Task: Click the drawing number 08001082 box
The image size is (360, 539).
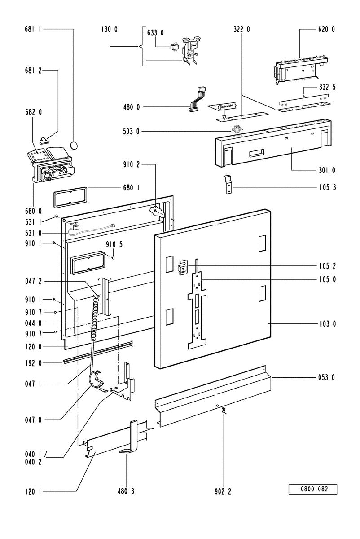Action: click(x=312, y=489)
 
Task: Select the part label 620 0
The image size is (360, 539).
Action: click(x=326, y=29)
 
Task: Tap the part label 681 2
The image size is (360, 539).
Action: click(x=33, y=71)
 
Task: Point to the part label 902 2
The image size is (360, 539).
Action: click(x=223, y=491)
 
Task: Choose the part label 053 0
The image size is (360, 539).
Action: click(x=326, y=377)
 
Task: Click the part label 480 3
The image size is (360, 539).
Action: click(x=126, y=491)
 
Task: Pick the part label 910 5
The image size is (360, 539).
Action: click(x=114, y=244)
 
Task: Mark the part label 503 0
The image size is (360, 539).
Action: click(x=131, y=131)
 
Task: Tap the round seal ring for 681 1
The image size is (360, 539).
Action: click(x=74, y=145)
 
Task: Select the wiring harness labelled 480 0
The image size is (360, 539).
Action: click(x=198, y=99)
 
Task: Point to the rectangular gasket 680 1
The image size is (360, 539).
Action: click(x=70, y=197)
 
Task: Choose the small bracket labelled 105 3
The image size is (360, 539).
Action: click(x=228, y=184)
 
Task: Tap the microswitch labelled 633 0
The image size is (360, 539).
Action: click(x=174, y=48)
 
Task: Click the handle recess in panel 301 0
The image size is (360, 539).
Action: click(x=256, y=153)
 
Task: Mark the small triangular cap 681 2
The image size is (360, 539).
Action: click(x=43, y=141)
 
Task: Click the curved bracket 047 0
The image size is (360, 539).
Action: click(x=96, y=381)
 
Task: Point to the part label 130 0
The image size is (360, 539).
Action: click(x=110, y=29)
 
